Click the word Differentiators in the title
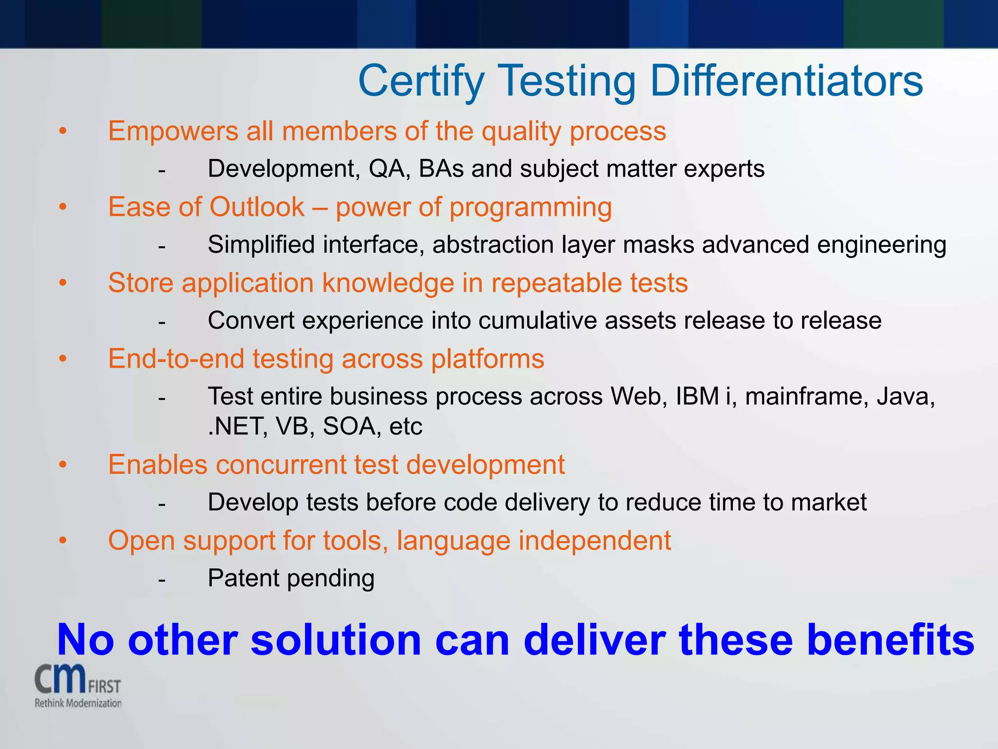786,81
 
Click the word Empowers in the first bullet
173,132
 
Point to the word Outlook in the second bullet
257,207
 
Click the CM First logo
77,680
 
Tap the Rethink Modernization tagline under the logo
78,703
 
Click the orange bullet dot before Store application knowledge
62,283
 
